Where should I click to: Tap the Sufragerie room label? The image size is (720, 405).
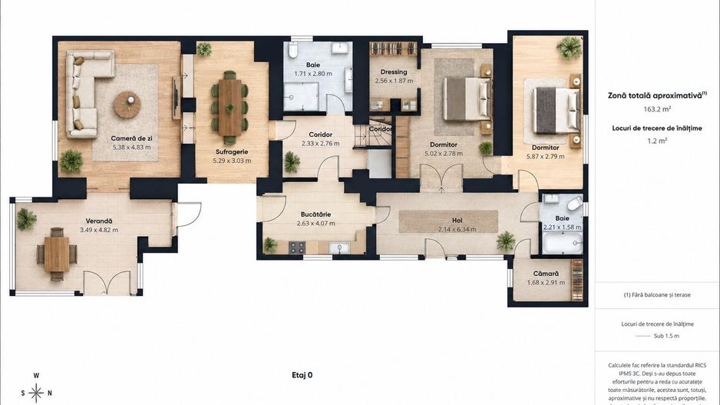coord(232,151)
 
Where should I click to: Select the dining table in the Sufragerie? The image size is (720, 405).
coord(230,108)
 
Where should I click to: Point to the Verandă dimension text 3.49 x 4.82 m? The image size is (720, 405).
coord(99,230)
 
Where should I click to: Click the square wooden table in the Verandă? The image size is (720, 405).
coord(57,254)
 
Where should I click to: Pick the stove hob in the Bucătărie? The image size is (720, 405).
coord(296,247)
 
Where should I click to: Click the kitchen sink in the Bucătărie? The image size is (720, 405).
coord(339,247)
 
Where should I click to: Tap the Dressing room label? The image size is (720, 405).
coord(394,71)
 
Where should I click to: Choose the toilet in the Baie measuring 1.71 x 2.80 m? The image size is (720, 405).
coord(293,50)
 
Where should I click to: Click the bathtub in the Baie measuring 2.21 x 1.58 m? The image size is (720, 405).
coord(563,243)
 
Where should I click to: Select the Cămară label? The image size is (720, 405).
coord(546,274)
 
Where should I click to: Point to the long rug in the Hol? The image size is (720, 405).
coord(448,221)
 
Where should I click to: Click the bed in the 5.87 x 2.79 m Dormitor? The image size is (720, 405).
coord(556,111)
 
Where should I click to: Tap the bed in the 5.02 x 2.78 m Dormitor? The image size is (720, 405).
coord(466,98)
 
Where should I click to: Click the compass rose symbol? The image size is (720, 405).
coord(36,393)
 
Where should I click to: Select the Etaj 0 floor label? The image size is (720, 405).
coord(302,375)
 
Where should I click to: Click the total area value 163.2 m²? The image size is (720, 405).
coord(657,109)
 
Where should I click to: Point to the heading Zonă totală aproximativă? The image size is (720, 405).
coord(656,95)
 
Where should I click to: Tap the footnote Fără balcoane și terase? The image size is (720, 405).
coord(657,295)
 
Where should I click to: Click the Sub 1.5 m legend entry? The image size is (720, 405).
coord(666,336)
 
